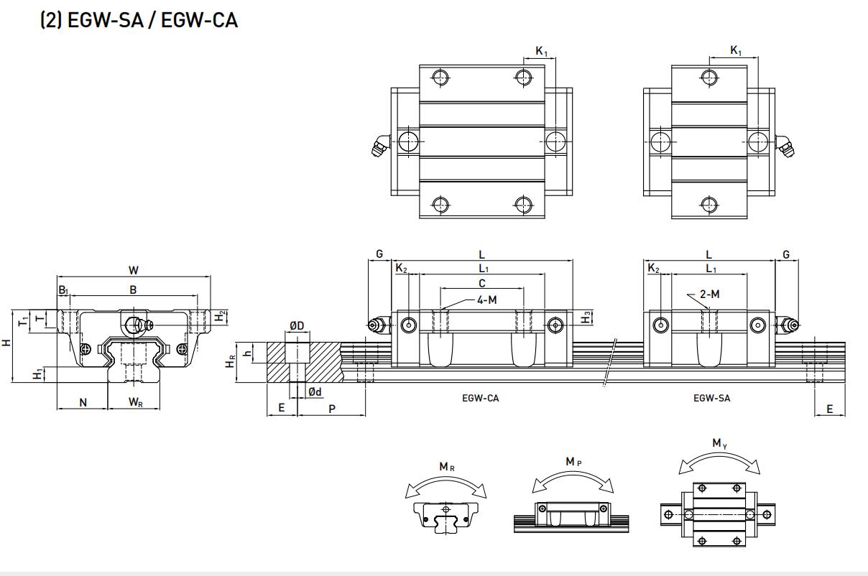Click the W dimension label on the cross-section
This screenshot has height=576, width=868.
click(x=134, y=270)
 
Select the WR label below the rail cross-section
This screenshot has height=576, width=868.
click(x=135, y=402)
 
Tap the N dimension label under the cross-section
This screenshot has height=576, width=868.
click(x=83, y=402)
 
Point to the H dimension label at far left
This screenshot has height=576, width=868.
click(x=6, y=343)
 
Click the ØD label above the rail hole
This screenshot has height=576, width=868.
click(x=296, y=325)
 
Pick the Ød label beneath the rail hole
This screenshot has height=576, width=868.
click(x=314, y=391)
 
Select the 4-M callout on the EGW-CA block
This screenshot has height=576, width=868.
click(x=486, y=299)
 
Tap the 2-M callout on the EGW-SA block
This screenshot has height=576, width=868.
click(x=709, y=294)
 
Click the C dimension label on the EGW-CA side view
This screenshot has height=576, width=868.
click(x=482, y=284)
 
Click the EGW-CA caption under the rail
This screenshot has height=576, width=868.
click(x=480, y=398)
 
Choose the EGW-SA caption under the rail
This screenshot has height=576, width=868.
click(x=711, y=398)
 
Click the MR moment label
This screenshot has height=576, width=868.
click(x=446, y=467)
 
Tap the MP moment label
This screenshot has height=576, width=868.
click(x=573, y=461)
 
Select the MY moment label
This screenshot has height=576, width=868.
click(x=719, y=443)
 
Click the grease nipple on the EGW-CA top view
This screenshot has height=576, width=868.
click(x=379, y=147)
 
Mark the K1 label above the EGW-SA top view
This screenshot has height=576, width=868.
click(x=736, y=50)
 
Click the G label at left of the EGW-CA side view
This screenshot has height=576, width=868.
click(x=379, y=254)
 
